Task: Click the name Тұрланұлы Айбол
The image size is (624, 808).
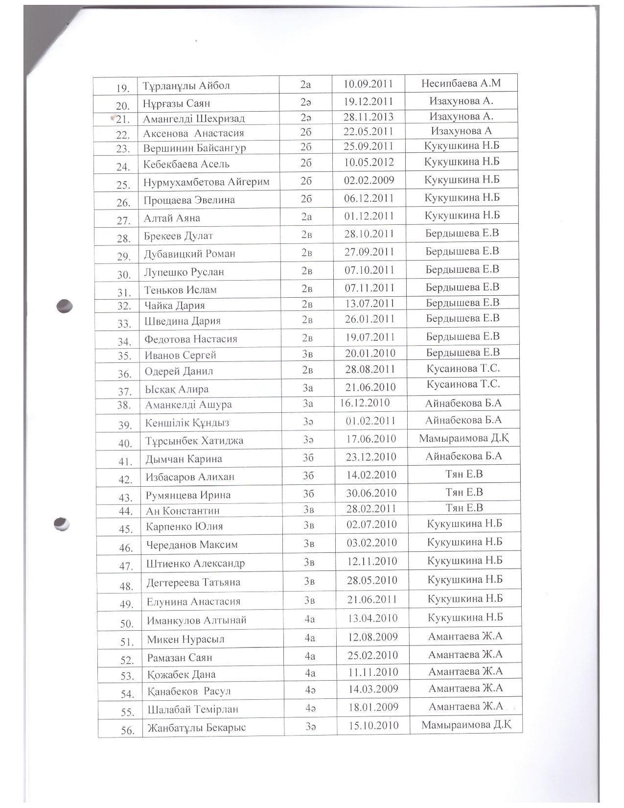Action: pyautogui.click(x=186, y=86)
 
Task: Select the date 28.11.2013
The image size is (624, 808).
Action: pyautogui.click(x=368, y=117)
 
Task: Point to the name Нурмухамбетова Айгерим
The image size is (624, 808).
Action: pyautogui.click(x=206, y=182)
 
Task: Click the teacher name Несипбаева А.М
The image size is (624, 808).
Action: pyautogui.click(x=461, y=83)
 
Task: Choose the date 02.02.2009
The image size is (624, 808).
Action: pyautogui.click(x=369, y=180)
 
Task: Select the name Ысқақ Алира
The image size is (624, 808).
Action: pyautogui.click(x=176, y=389)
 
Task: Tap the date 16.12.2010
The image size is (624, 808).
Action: pyautogui.click(x=365, y=403)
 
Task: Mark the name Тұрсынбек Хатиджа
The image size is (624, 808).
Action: pyautogui.click(x=194, y=441)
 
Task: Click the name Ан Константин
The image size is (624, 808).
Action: pyautogui.click(x=183, y=511)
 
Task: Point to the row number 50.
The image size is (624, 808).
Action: pyautogui.click(x=127, y=624)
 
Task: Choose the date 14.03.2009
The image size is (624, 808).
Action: pyautogui.click(x=373, y=689)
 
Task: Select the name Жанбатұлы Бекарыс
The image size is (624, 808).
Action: pyautogui.click(x=196, y=728)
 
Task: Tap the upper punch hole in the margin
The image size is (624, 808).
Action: pyautogui.click(x=65, y=307)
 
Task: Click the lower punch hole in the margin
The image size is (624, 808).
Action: pyautogui.click(x=62, y=524)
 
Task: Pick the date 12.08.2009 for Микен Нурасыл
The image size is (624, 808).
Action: pyautogui.click(x=372, y=637)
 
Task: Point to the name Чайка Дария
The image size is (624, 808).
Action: pyautogui.click(x=174, y=306)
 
